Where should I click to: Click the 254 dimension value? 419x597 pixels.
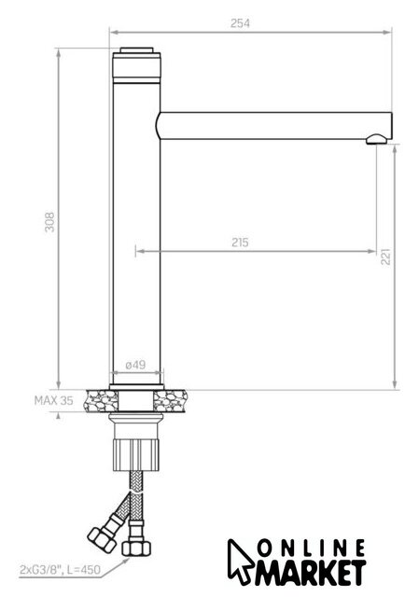pyautogui.click(x=240, y=23)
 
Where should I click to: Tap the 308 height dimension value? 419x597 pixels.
pyautogui.click(x=49, y=222)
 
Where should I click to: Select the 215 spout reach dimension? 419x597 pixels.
pyautogui.click(x=240, y=243)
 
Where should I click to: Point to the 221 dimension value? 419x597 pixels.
pyautogui.click(x=385, y=257)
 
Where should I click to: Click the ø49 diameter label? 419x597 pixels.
pyautogui.click(x=135, y=365)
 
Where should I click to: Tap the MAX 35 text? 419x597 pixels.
pyautogui.click(x=54, y=400)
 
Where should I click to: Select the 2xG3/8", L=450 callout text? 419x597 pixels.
pyautogui.click(x=60, y=570)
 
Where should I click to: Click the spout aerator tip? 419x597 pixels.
pyautogui.click(x=377, y=139)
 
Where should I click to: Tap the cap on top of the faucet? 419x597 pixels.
pyautogui.click(x=136, y=50)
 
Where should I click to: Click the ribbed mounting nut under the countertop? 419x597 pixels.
pyautogui.click(x=135, y=454)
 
